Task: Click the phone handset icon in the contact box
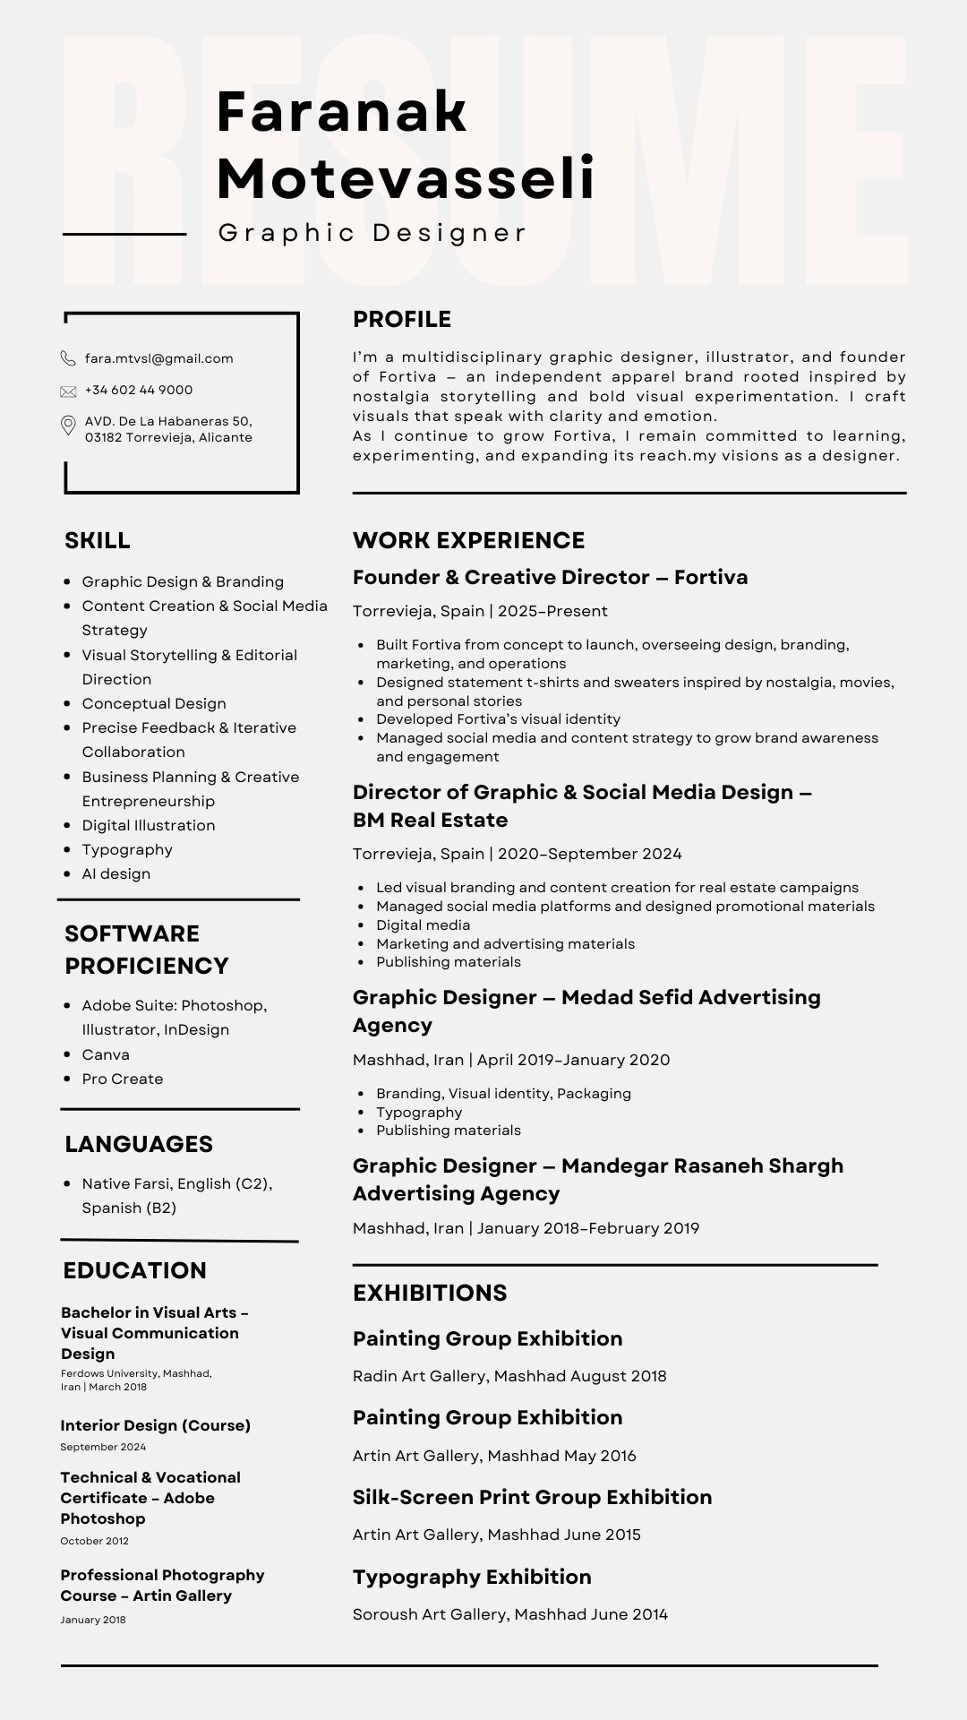[68, 358]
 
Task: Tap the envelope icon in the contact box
[68, 391]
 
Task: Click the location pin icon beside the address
[68, 426]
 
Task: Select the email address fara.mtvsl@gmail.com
[158, 358]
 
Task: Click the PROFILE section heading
[402, 320]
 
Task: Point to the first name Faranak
[342, 112]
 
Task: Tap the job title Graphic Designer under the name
[372, 233]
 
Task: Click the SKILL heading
[98, 541]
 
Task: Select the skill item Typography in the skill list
[127, 850]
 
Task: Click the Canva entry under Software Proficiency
[106, 1055]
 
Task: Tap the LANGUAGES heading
[139, 1144]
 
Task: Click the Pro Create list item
[123, 1079]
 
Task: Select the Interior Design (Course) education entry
[156, 1425]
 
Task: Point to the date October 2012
[94, 1541]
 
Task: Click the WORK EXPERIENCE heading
[468, 541]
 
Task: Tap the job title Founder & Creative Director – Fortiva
[550, 578]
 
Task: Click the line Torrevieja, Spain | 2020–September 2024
[517, 855]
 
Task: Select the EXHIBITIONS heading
[430, 1293]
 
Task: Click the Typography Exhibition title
[472, 1577]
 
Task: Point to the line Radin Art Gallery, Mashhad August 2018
[509, 1376]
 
